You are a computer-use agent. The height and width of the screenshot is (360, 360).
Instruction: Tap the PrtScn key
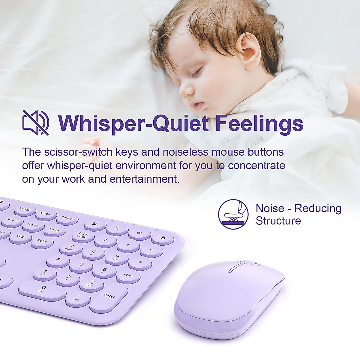point(25,210)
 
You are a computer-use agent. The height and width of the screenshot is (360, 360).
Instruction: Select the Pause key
point(66,218)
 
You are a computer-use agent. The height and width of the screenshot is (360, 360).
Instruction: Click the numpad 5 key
point(81,265)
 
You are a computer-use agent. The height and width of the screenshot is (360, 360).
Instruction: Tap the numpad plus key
point(140,262)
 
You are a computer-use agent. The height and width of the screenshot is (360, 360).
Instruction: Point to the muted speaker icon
point(36,122)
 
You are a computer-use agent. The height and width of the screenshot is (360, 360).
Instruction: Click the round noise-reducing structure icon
point(233,214)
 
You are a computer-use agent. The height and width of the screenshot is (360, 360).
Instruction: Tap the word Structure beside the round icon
point(278,220)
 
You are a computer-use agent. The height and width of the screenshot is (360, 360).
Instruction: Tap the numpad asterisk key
point(128,246)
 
